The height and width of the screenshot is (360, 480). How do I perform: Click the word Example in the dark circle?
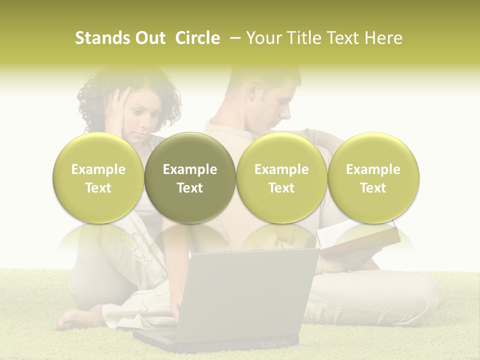click(x=190, y=169)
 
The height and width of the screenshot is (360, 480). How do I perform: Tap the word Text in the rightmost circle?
click(x=373, y=188)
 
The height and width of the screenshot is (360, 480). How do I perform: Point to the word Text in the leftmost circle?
click(x=98, y=188)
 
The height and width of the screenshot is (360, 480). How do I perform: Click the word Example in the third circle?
click(x=281, y=169)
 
